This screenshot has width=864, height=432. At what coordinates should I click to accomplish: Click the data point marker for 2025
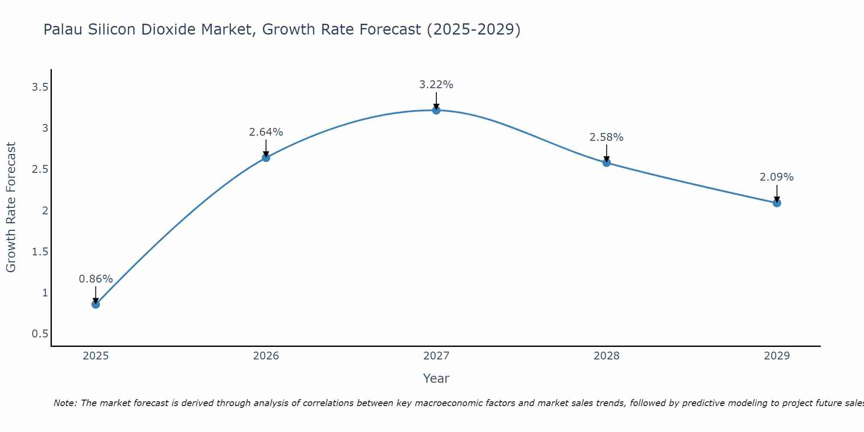95,304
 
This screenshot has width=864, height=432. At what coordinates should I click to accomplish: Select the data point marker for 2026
266,158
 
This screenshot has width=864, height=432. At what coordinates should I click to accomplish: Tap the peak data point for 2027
436,110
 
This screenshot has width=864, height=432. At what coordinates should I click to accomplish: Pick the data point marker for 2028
607,162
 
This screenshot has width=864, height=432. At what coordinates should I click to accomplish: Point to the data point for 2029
777,203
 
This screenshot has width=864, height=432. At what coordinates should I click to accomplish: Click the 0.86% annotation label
95,279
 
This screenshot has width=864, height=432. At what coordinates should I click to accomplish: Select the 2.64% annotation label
266,132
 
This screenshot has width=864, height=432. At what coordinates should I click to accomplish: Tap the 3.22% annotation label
436,85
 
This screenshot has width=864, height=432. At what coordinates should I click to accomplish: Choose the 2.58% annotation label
607,137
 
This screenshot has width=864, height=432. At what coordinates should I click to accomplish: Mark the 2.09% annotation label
777,177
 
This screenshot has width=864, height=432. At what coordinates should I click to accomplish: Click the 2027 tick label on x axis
436,356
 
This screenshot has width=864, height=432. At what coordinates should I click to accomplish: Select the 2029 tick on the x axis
777,356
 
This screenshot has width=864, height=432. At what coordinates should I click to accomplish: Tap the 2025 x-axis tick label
95,356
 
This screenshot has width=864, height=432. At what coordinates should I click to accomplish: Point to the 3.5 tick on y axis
40,87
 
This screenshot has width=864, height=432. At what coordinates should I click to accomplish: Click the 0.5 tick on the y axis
40,334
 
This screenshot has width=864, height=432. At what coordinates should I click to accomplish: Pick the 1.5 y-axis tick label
40,252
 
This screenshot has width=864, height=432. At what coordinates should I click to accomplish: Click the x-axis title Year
436,378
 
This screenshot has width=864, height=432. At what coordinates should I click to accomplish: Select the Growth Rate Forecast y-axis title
11,207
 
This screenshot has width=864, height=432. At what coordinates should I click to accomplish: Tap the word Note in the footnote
65,403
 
